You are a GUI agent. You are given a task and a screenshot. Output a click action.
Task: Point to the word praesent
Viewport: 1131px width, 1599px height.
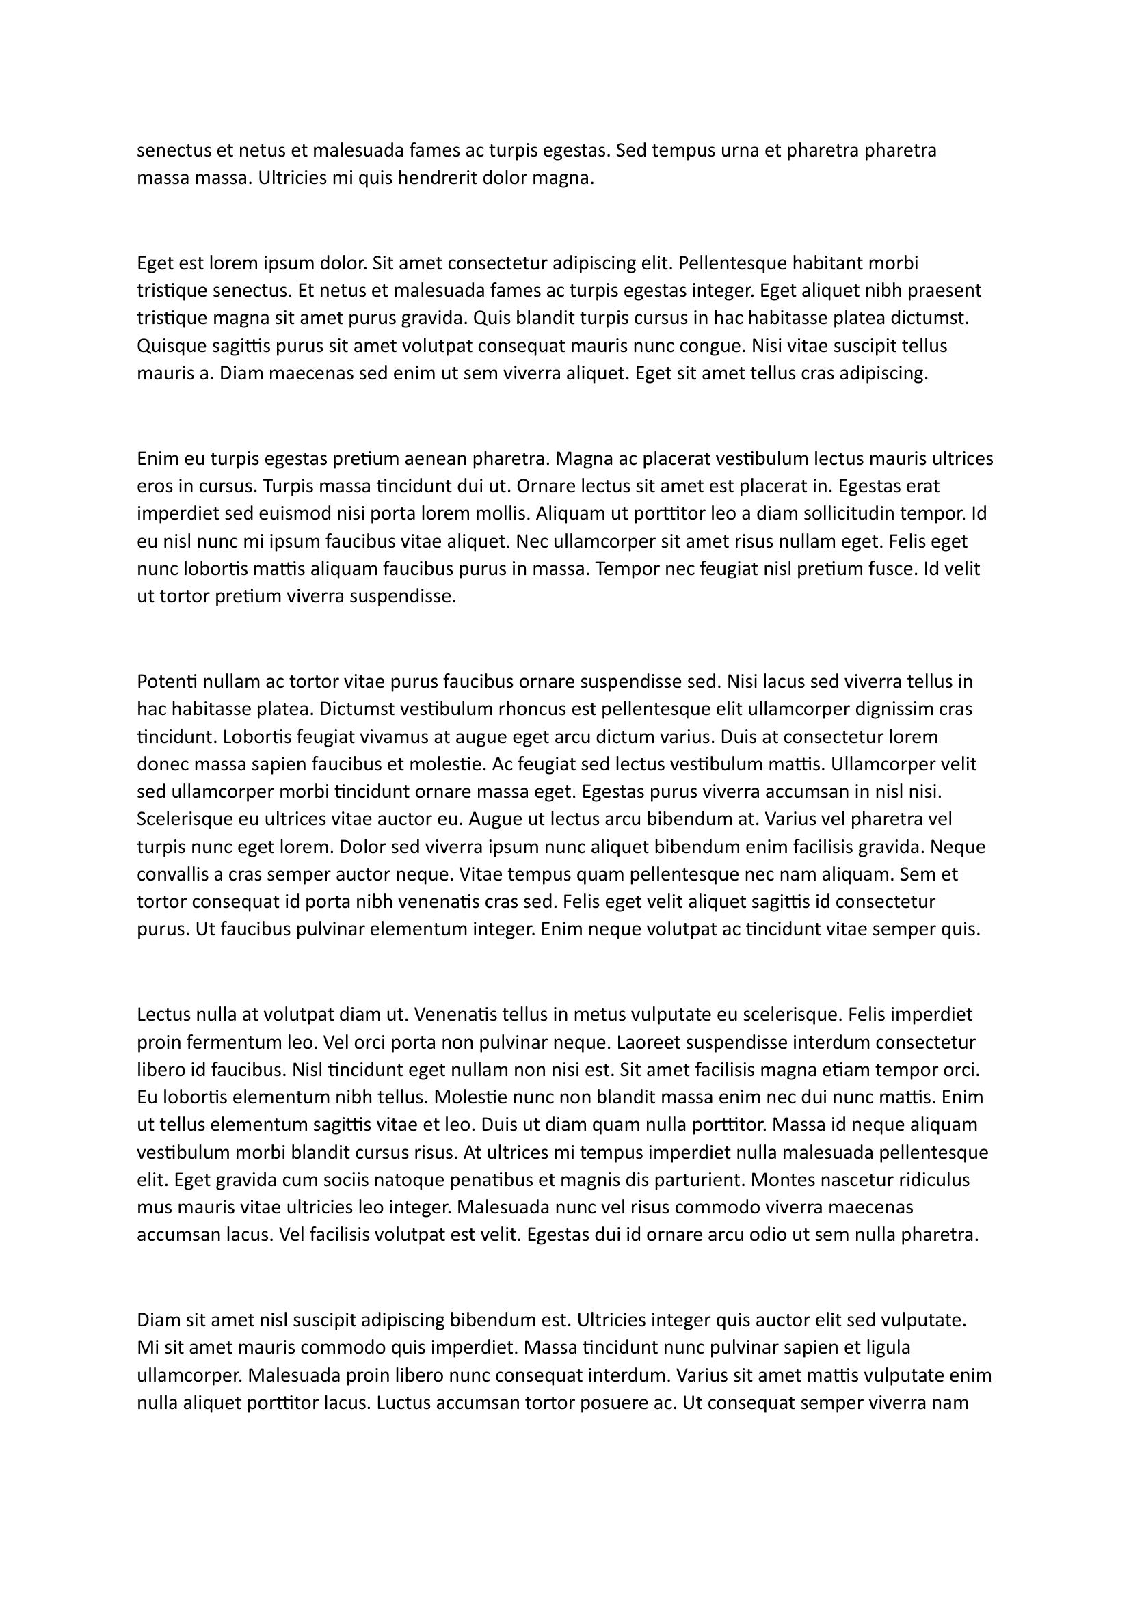coord(940,291)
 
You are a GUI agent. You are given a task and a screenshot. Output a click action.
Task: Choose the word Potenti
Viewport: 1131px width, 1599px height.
coord(167,681)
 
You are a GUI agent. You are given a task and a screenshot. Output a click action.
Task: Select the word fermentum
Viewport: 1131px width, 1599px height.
coord(226,1043)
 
